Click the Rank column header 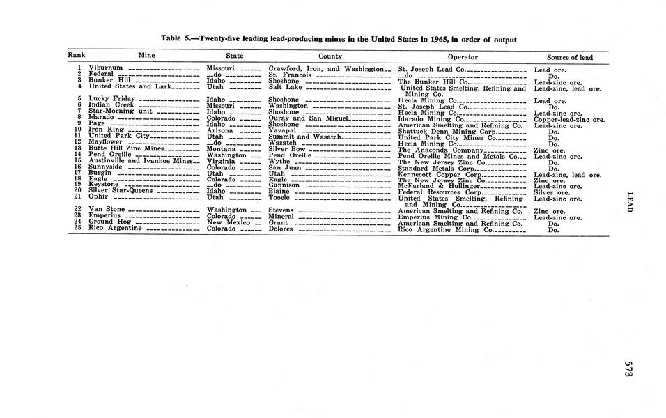point(76,56)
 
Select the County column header point(330,56)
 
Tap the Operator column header point(463,57)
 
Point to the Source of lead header point(570,57)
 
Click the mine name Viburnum point(106,68)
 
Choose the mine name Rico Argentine point(116,228)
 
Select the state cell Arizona point(220,130)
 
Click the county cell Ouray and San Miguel point(307,118)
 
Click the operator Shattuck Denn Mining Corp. point(446,131)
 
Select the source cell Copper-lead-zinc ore point(568,119)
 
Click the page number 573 point(628,369)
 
